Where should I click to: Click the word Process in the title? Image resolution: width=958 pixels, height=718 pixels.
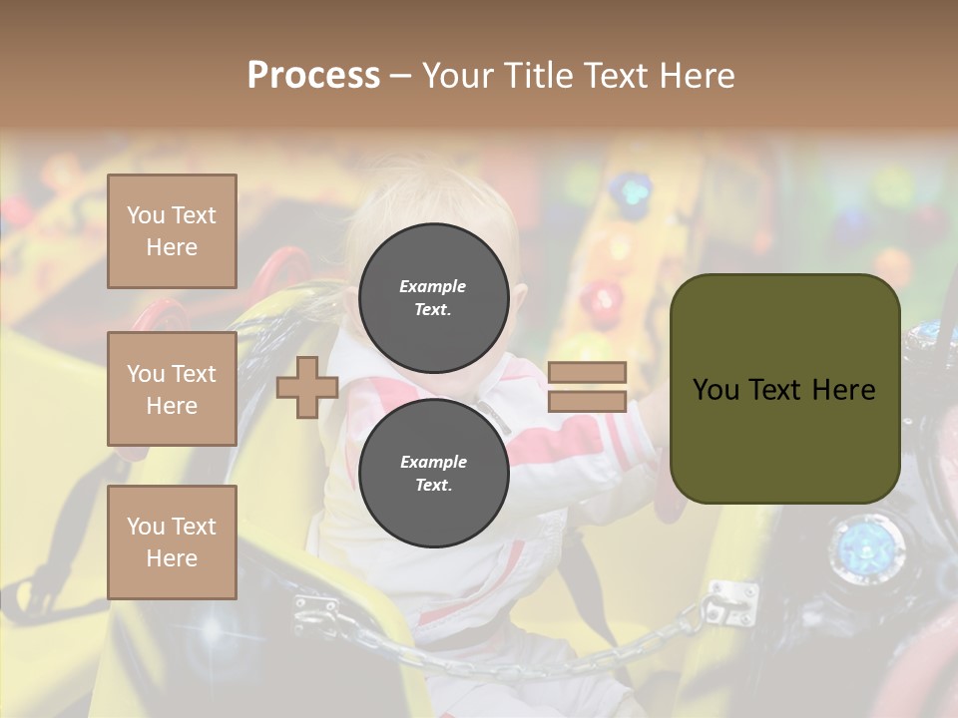(x=313, y=75)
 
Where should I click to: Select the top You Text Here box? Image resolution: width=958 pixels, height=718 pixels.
(x=172, y=231)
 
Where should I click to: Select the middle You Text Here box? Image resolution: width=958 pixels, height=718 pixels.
(x=172, y=389)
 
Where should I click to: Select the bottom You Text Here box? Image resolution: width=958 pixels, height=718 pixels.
(x=172, y=542)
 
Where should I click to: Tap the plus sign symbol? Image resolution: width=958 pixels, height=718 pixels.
(x=307, y=387)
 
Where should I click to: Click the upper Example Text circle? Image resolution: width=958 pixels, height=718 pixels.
(x=433, y=297)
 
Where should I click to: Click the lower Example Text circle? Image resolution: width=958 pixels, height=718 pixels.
(x=433, y=473)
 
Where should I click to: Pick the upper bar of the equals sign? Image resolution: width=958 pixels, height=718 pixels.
(x=587, y=372)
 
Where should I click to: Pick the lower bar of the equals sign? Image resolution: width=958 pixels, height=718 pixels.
(x=587, y=402)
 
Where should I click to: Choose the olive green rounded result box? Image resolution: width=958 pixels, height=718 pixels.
(x=784, y=439)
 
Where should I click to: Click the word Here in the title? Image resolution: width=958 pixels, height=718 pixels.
(x=696, y=76)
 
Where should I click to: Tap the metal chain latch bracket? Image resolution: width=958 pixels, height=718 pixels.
(x=732, y=598)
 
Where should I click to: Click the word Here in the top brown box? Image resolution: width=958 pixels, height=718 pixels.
(x=172, y=247)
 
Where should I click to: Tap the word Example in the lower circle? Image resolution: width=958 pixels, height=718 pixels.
(x=433, y=462)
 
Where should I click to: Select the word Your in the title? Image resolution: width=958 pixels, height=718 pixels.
(x=457, y=76)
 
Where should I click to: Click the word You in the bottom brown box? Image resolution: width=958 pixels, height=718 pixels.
(x=145, y=527)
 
